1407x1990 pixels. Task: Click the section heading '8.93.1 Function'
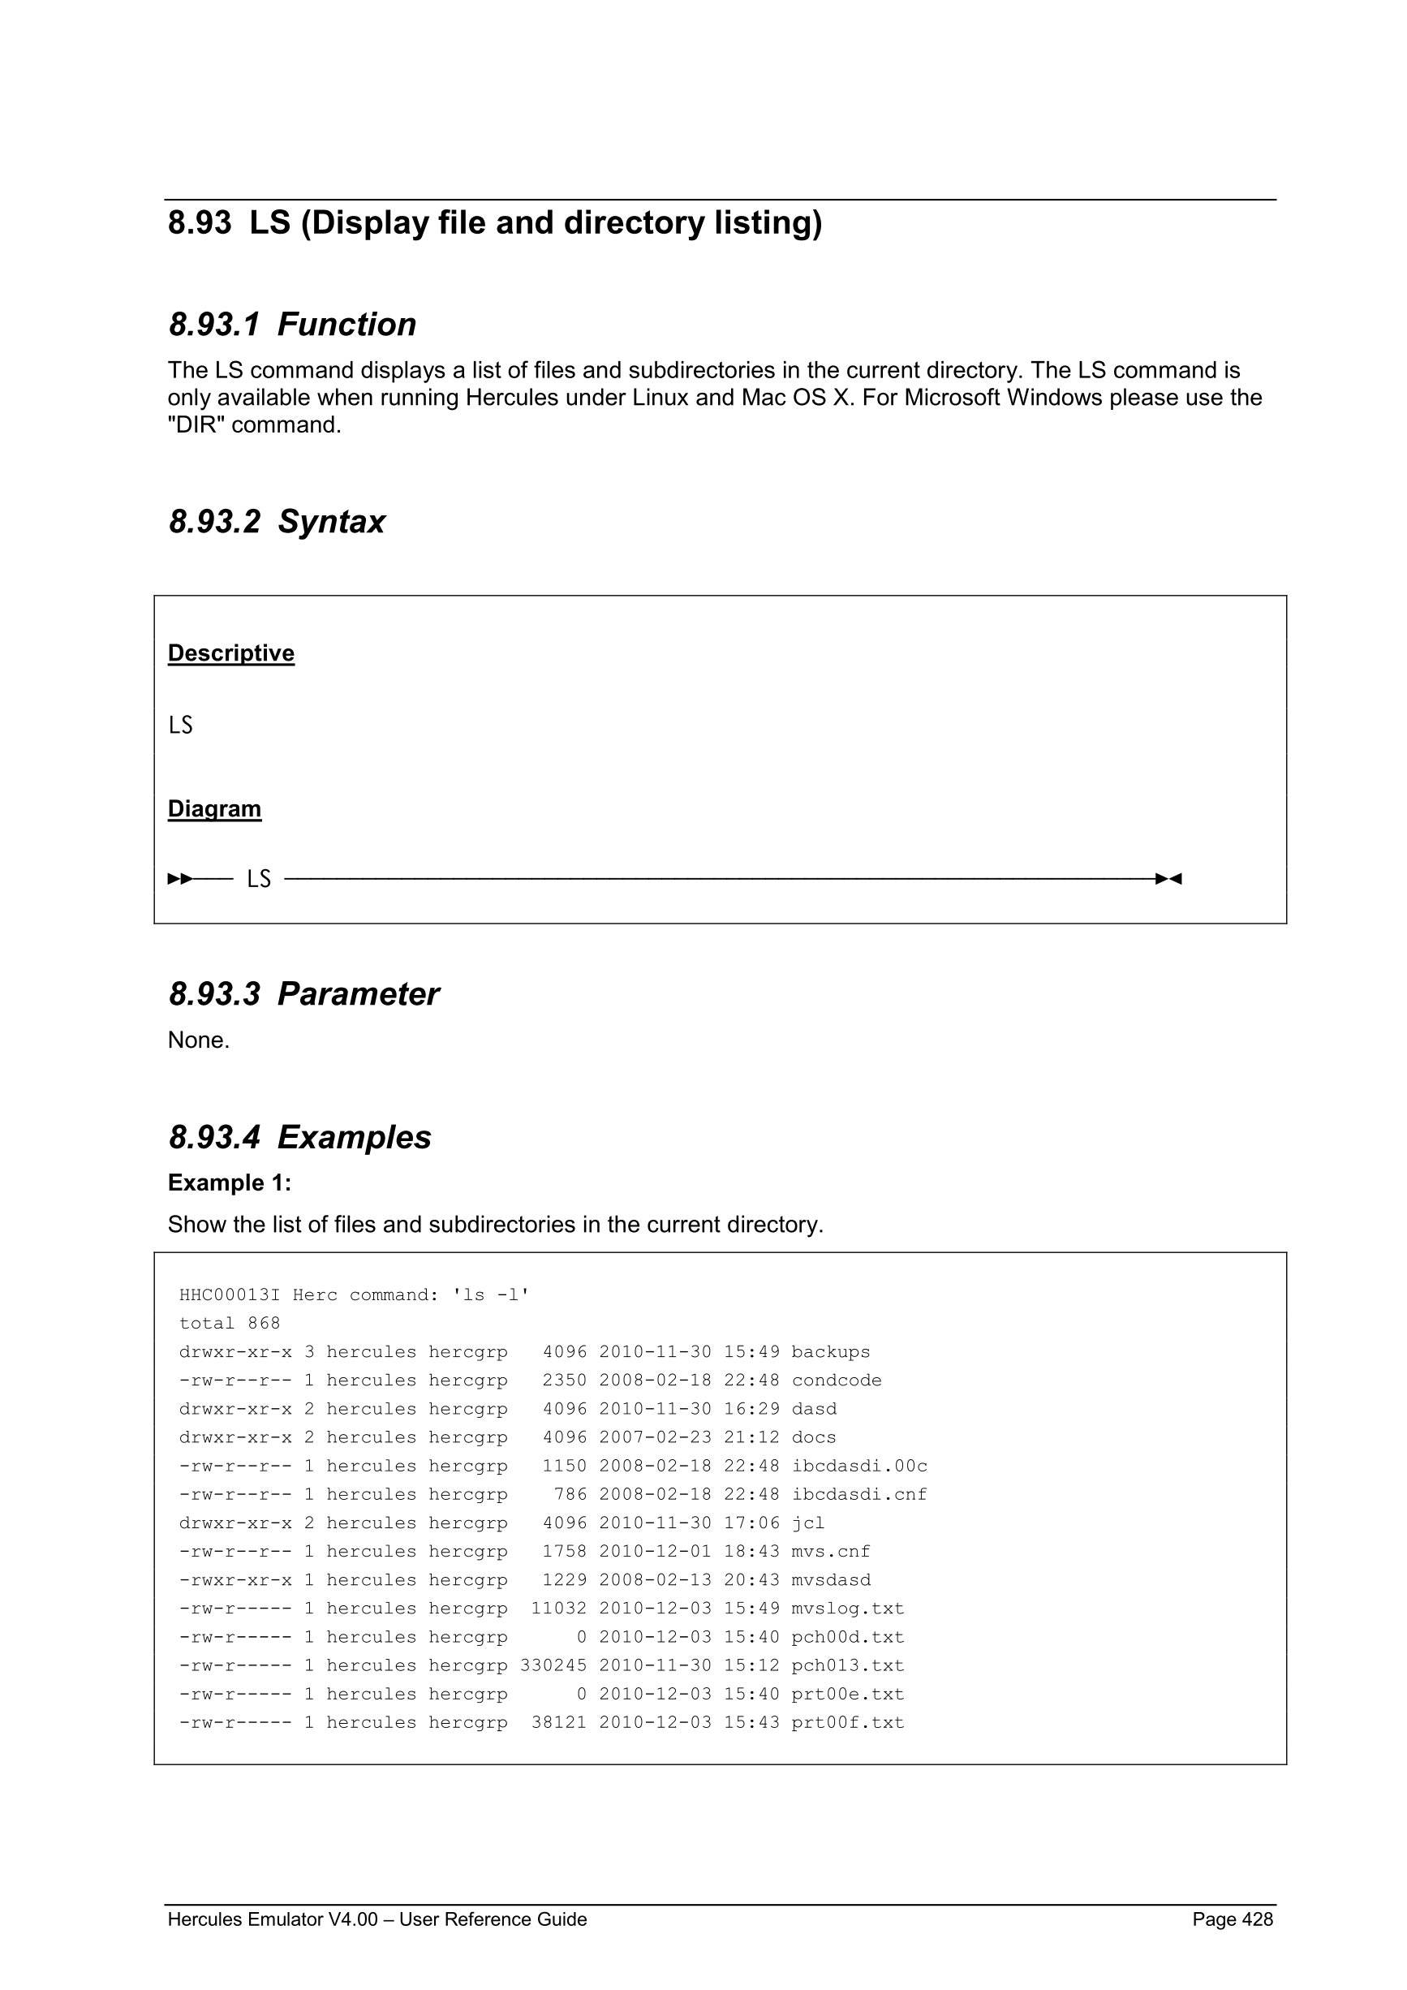(x=292, y=324)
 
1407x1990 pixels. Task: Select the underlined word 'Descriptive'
(x=230, y=653)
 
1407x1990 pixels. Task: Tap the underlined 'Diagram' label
(x=214, y=808)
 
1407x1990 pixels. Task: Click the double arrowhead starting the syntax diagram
(x=180, y=879)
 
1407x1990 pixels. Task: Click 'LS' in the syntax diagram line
(x=258, y=879)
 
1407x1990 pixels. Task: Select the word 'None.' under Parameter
(x=199, y=1040)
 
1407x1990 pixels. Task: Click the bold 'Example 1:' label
(x=229, y=1183)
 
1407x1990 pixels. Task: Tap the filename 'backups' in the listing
(x=830, y=1352)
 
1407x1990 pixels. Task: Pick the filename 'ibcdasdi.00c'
(x=858, y=1467)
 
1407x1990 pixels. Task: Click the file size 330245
(x=553, y=1666)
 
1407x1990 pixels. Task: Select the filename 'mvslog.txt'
(x=847, y=1609)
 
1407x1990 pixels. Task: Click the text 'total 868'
(x=230, y=1324)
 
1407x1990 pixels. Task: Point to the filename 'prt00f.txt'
(x=847, y=1723)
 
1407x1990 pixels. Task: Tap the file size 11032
(x=559, y=1609)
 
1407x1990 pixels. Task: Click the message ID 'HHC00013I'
(x=229, y=1295)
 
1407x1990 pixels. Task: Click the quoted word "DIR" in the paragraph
(x=196, y=424)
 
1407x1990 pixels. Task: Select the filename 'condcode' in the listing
(x=836, y=1381)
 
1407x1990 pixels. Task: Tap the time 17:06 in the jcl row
(x=751, y=1523)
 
